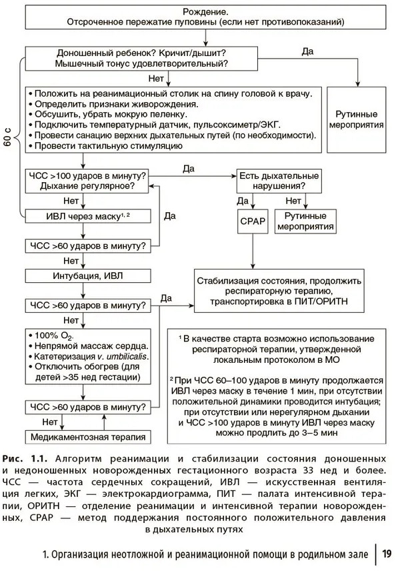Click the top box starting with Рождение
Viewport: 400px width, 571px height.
point(205,17)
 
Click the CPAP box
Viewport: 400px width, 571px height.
point(251,222)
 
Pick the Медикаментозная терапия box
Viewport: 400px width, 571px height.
point(87,437)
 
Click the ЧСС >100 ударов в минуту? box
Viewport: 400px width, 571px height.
point(87,180)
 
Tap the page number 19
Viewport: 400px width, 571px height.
point(387,554)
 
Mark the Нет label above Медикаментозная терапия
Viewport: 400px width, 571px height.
point(49,422)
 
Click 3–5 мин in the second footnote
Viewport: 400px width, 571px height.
point(318,433)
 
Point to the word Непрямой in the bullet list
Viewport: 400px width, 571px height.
point(56,346)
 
